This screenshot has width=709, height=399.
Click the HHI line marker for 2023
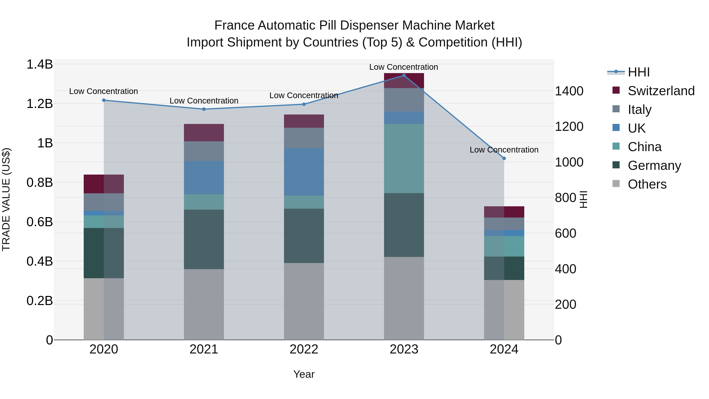404,75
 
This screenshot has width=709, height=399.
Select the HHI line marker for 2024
504,158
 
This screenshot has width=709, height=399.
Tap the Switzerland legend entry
661,91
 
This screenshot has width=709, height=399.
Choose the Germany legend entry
654,166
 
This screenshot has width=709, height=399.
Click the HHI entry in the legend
638,72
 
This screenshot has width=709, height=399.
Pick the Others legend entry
647,184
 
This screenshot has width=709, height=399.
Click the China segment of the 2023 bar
404,158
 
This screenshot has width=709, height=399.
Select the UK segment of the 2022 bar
304,172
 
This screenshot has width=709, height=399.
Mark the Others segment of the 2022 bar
304,301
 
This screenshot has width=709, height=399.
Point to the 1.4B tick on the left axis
40,64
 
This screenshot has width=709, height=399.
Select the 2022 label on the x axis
304,349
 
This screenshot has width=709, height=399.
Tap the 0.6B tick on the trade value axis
40,222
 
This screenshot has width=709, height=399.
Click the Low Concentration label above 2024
504,150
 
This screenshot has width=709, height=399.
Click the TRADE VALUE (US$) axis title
6,199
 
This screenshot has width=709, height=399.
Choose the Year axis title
304,374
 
